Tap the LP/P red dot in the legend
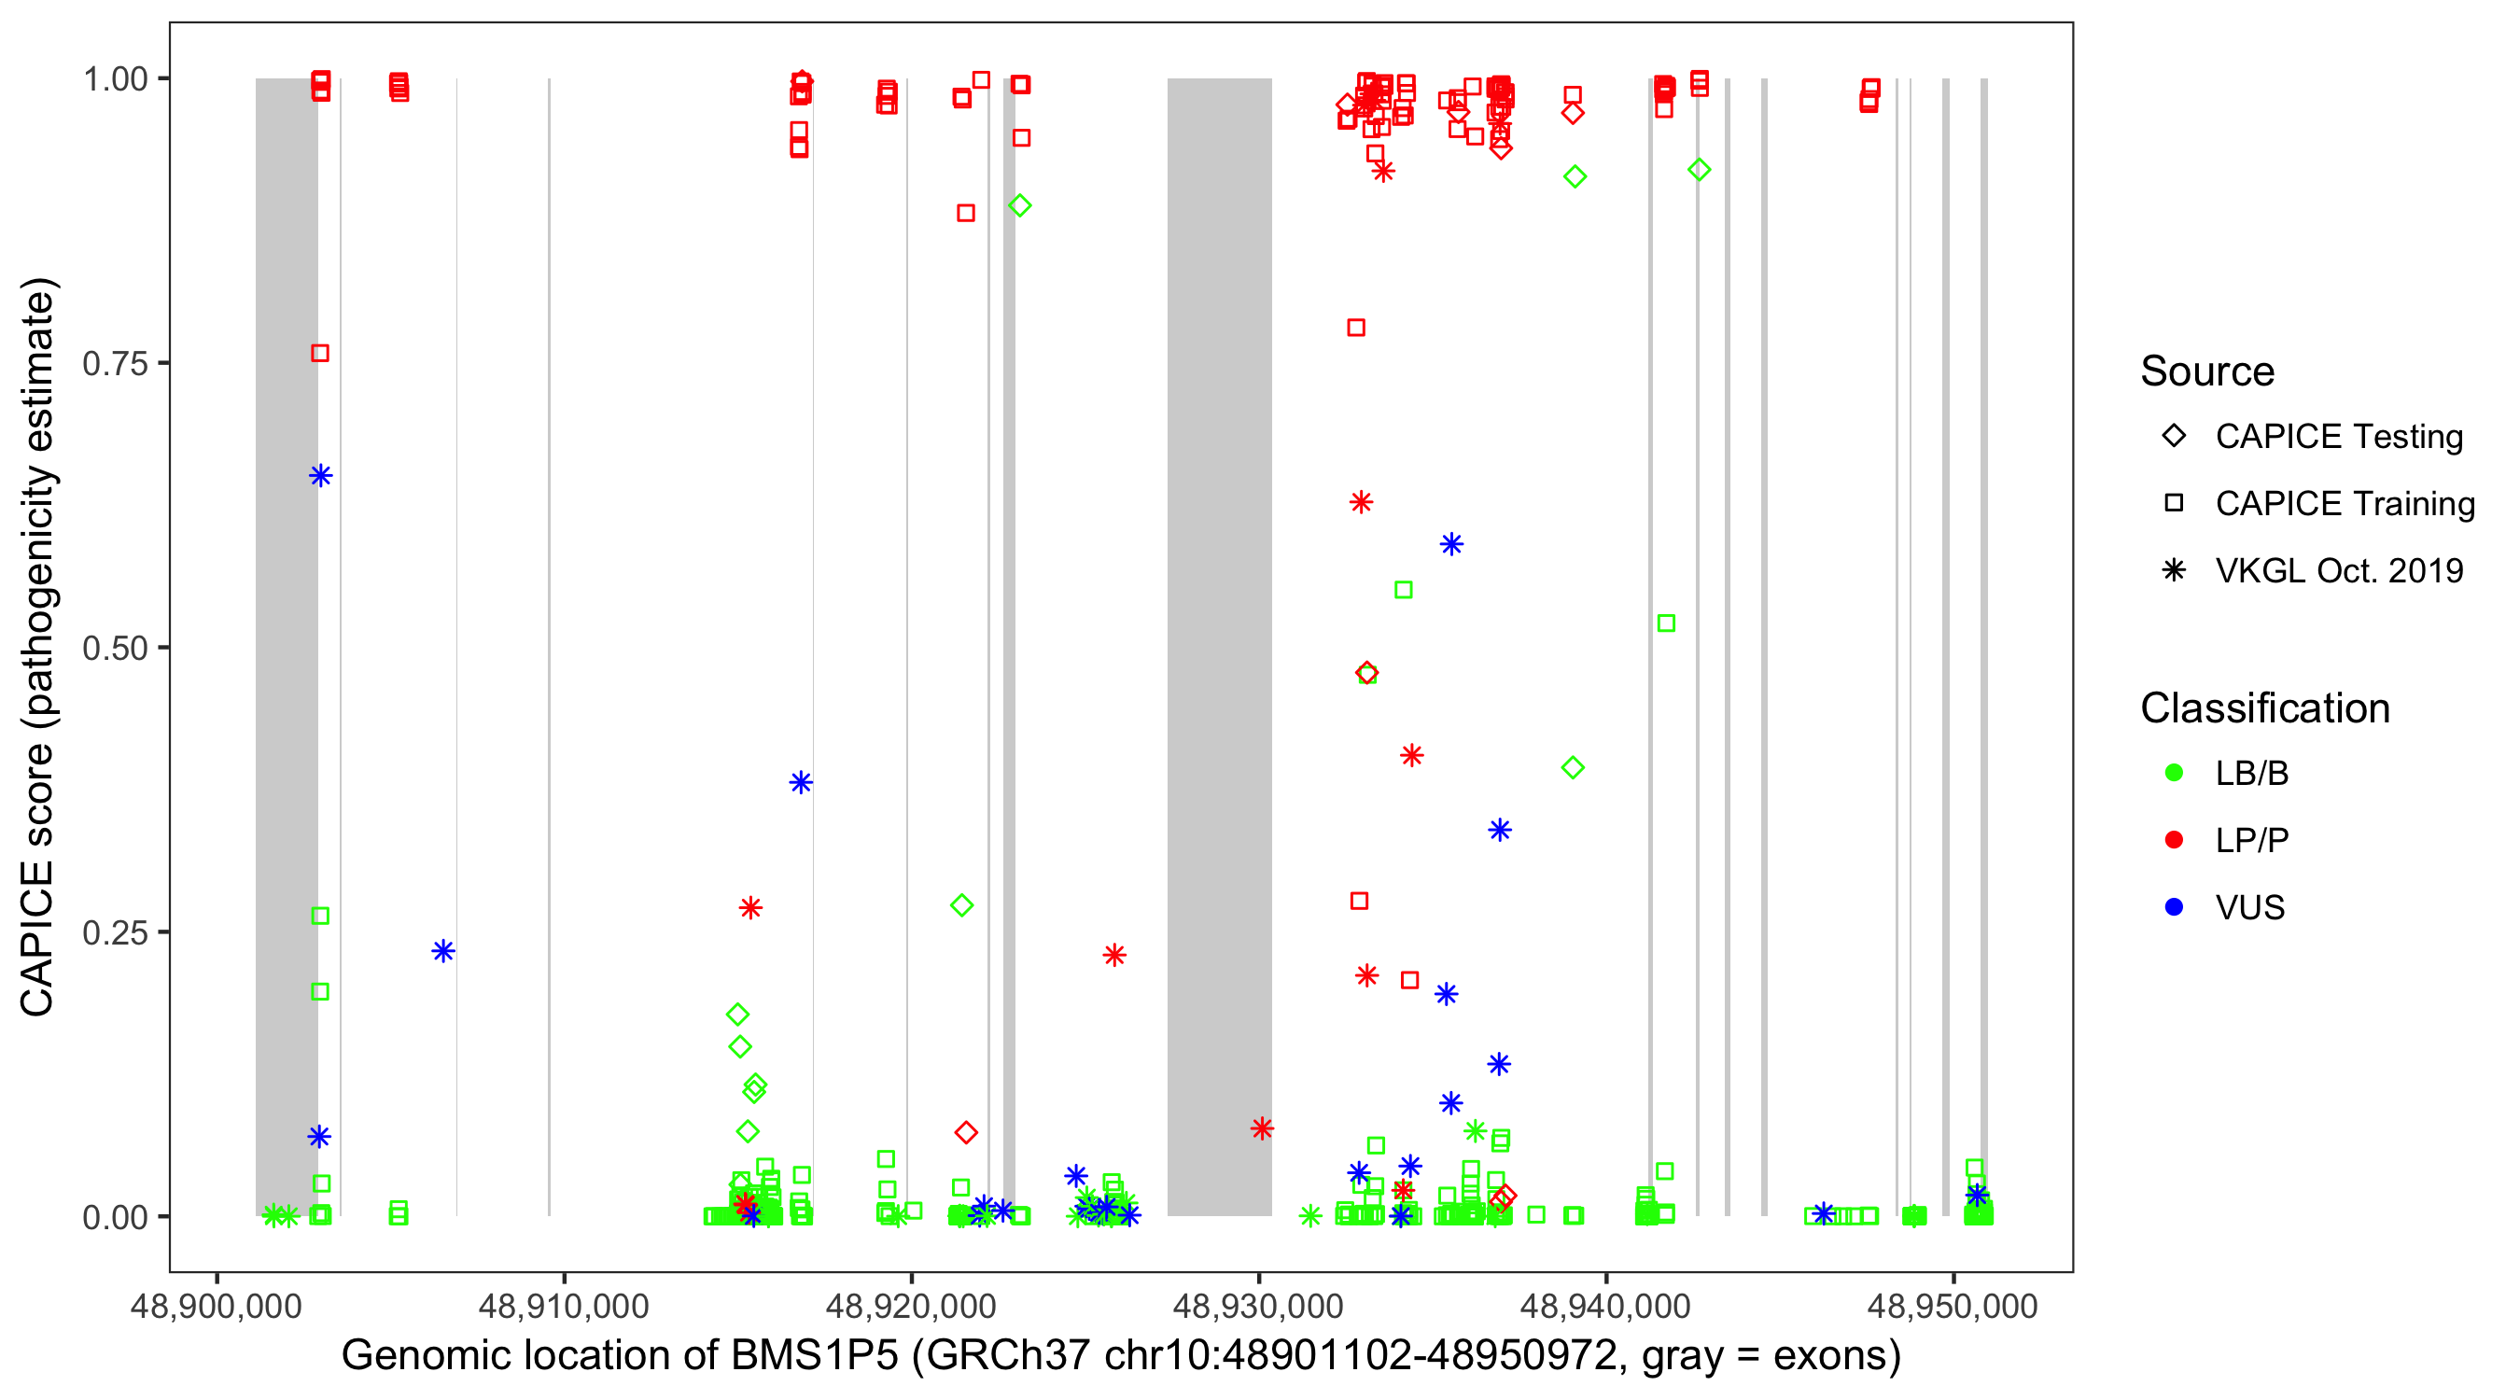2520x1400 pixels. tap(2174, 840)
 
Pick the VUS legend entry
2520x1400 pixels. tap(2249, 908)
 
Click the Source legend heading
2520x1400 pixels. tap(2207, 371)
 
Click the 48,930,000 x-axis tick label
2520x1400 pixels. tap(1258, 1306)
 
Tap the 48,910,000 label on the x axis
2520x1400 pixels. tap(564, 1306)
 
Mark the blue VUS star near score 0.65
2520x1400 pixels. tap(321, 476)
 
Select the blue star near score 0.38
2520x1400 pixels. tap(801, 783)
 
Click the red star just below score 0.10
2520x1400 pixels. tap(1262, 1129)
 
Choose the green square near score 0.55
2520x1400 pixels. tap(1403, 590)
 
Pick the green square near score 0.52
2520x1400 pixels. tap(1666, 623)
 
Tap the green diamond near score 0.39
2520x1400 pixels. tap(1573, 768)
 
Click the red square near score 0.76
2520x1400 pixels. tap(320, 353)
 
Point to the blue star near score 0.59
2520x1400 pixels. tap(1451, 544)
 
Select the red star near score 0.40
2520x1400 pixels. tap(1410, 755)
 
